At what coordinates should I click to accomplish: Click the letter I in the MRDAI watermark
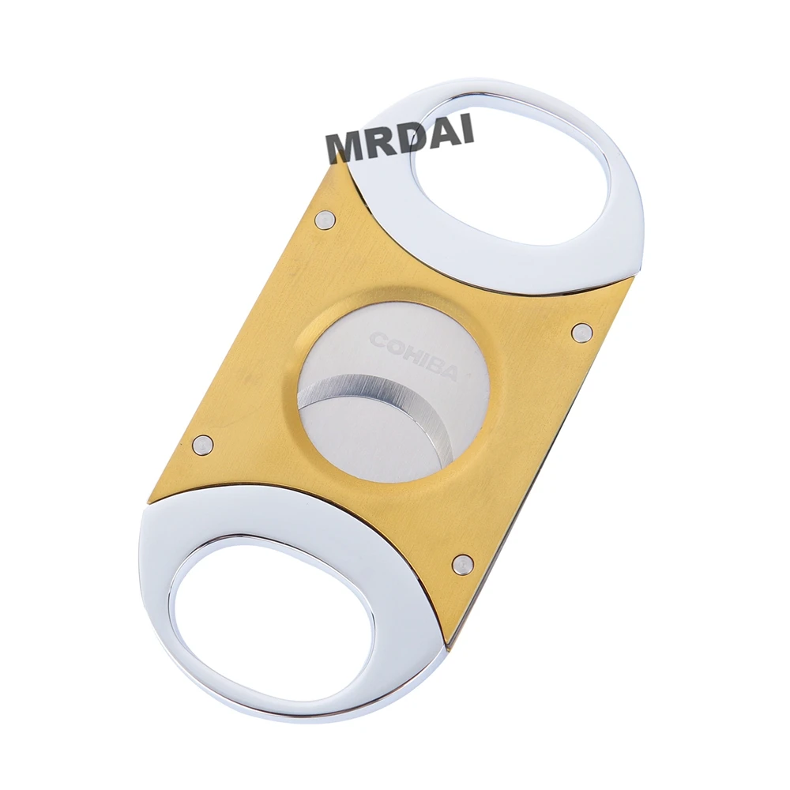coord(469,130)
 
